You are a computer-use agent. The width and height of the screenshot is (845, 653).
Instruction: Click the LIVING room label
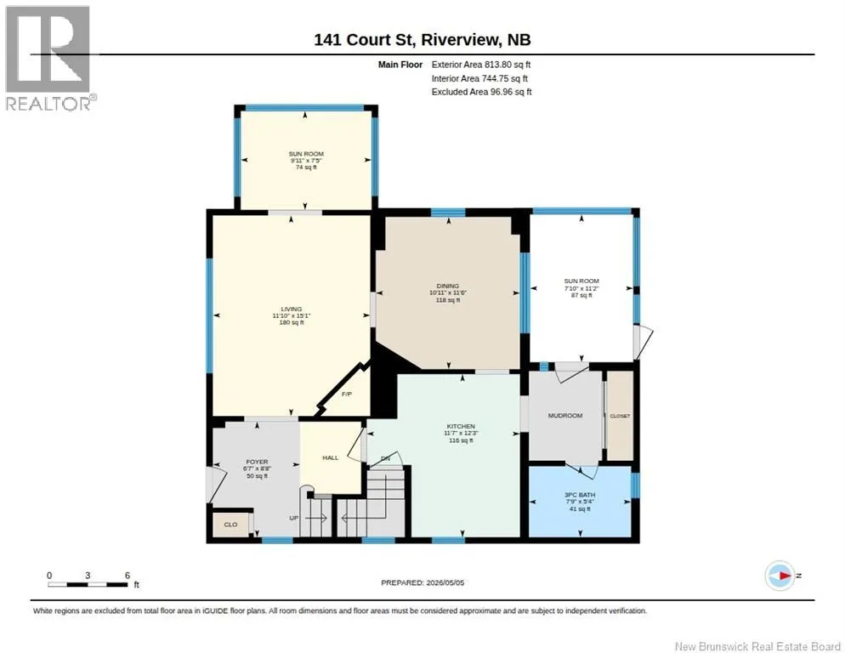[292, 309]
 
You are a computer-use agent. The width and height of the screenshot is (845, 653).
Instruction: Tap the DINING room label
[448, 286]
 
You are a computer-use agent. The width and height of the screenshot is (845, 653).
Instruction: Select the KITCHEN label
[461, 426]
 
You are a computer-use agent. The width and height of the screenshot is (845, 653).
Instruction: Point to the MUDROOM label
[565, 416]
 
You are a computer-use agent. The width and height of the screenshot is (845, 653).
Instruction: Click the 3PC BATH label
[580, 495]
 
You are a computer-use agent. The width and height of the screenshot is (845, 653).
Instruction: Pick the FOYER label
[257, 462]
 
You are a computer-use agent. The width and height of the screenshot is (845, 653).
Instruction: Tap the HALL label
[331, 457]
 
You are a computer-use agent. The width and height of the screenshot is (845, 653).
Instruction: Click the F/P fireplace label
[347, 395]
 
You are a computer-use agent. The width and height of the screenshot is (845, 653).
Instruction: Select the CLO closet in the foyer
[230, 524]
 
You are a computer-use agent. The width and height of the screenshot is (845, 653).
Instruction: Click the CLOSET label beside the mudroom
[620, 416]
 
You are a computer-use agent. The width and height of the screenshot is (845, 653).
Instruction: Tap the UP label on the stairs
[293, 518]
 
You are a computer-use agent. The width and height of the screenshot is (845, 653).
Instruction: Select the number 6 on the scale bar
[128, 576]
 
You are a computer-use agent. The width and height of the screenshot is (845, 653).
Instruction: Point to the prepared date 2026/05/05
[445, 582]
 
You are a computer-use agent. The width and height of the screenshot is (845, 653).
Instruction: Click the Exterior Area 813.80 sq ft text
[481, 65]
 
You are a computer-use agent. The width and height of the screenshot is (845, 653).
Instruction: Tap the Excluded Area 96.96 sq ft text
[482, 92]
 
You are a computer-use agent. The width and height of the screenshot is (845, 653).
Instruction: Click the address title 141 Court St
[364, 40]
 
